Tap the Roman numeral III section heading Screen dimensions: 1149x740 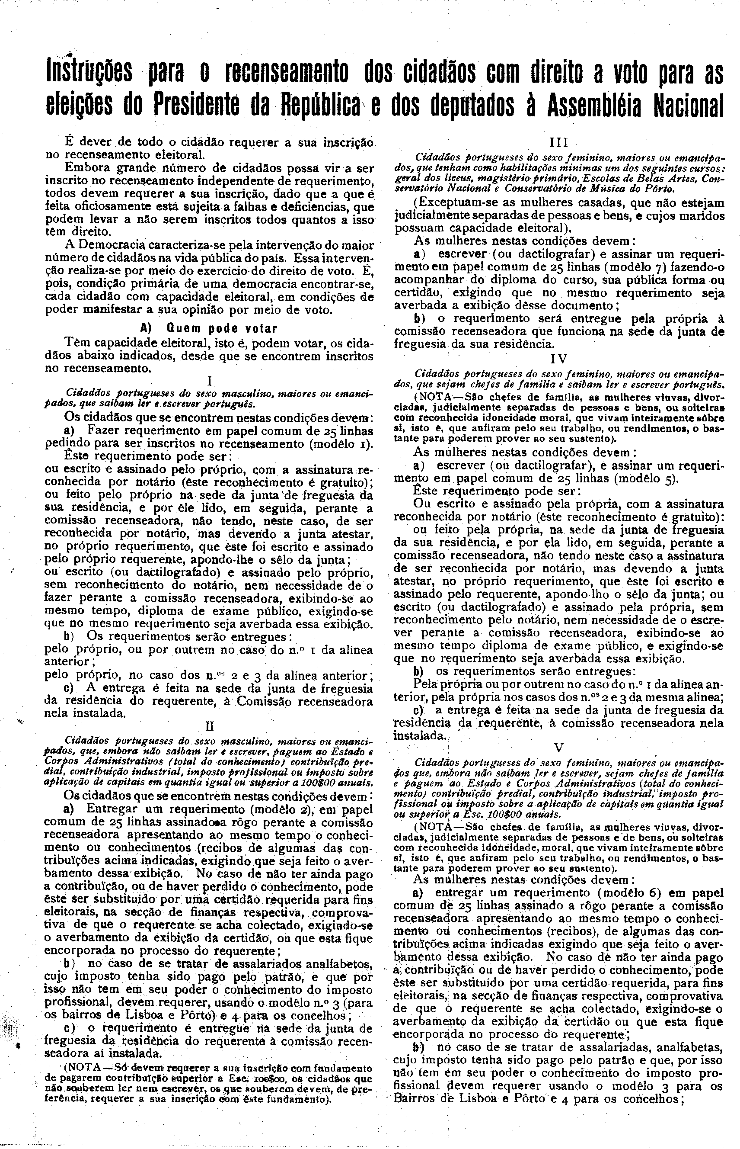(559, 143)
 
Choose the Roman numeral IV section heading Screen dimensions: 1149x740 (559, 359)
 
